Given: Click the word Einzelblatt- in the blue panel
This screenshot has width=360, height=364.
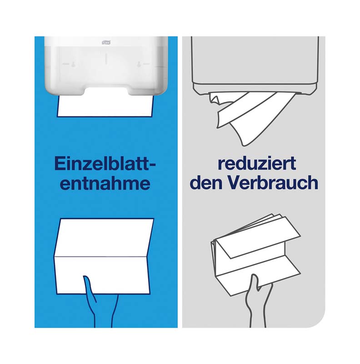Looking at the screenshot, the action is (105, 164).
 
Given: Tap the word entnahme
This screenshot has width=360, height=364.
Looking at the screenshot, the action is (105, 183).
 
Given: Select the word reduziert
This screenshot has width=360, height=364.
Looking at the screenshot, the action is (257, 163).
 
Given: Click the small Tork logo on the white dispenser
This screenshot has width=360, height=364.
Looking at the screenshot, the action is (106, 42).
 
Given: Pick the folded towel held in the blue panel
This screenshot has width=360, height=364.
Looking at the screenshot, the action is (105, 257).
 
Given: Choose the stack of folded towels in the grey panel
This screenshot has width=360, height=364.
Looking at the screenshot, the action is (255, 254).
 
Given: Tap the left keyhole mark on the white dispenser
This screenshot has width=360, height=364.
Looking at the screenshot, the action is (73, 64).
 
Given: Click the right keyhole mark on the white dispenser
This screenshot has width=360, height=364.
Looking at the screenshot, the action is (139, 64).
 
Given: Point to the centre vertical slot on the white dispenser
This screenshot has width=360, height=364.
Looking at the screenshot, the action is (106, 58).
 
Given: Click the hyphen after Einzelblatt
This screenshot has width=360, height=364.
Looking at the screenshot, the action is (152, 166).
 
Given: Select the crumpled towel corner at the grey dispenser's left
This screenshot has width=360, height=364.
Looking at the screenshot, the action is (215, 99).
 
